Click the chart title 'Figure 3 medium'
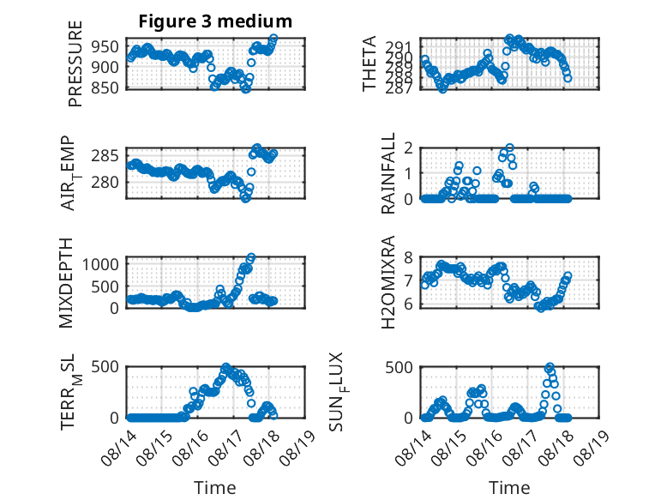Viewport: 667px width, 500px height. (215, 21)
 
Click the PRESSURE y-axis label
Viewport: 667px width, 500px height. (75, 63)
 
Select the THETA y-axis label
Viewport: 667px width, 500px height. (370, 63)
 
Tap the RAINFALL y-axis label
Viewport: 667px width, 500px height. (388, 173)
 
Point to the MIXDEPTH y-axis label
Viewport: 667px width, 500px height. (66, 283)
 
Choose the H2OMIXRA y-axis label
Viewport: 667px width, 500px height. (388, 282)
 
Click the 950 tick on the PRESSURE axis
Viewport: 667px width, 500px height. (105, 46)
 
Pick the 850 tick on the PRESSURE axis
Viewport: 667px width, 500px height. (105, 87)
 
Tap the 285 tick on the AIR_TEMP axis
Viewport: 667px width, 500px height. (105, 156)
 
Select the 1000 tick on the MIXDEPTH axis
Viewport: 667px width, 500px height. (100, 264)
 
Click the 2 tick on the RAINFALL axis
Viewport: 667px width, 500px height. (409, 148)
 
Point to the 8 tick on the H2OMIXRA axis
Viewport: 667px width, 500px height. (409, 257)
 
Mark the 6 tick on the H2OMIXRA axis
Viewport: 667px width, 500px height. (409, 304)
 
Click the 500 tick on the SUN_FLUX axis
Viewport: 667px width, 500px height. (399, 367)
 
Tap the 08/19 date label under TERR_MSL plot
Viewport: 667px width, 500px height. (298, 447)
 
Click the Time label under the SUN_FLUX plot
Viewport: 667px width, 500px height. (509, 488)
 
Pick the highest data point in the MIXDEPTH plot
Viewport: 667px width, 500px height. (251, 257)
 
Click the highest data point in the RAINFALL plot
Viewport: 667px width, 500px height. (510, 148)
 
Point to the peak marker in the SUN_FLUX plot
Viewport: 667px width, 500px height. (550, 367)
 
